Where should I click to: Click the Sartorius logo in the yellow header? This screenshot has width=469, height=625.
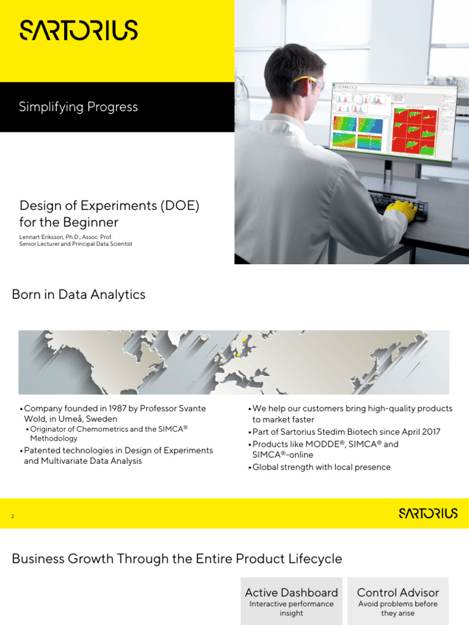click(x=79, y=30)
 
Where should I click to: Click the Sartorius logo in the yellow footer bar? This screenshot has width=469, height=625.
click(x=427, y=513)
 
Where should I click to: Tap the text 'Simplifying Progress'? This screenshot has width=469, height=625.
click(x=78, y=107)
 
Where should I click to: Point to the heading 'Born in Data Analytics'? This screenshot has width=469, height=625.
click(x=79, y=295)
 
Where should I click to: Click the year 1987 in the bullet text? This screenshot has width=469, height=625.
click(x=103, y=408)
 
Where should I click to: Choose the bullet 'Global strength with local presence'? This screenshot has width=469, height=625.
click(x=321, y=468)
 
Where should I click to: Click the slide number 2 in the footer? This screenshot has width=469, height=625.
click(x=13, y=516)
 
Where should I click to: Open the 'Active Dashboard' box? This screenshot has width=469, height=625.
click(x=291, y=601)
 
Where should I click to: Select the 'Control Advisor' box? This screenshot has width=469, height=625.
click(x=398, y=601)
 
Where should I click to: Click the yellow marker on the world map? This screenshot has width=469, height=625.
click(x=238, y=354)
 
